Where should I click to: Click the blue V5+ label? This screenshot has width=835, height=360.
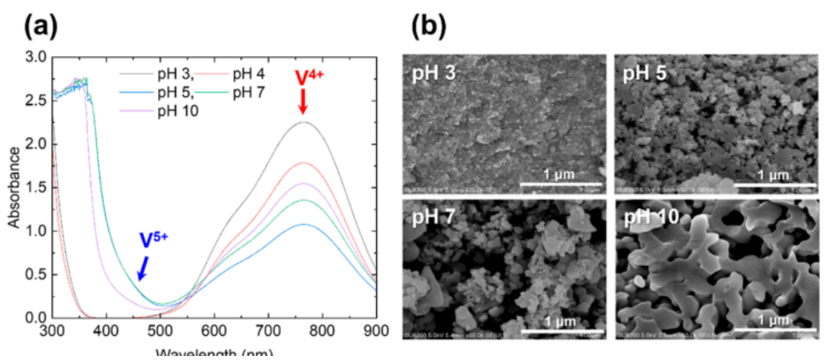tap(156, 241)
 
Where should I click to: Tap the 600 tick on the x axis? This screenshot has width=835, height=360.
tap(214, 330)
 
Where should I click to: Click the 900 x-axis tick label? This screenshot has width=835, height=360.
tap(375, 330)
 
